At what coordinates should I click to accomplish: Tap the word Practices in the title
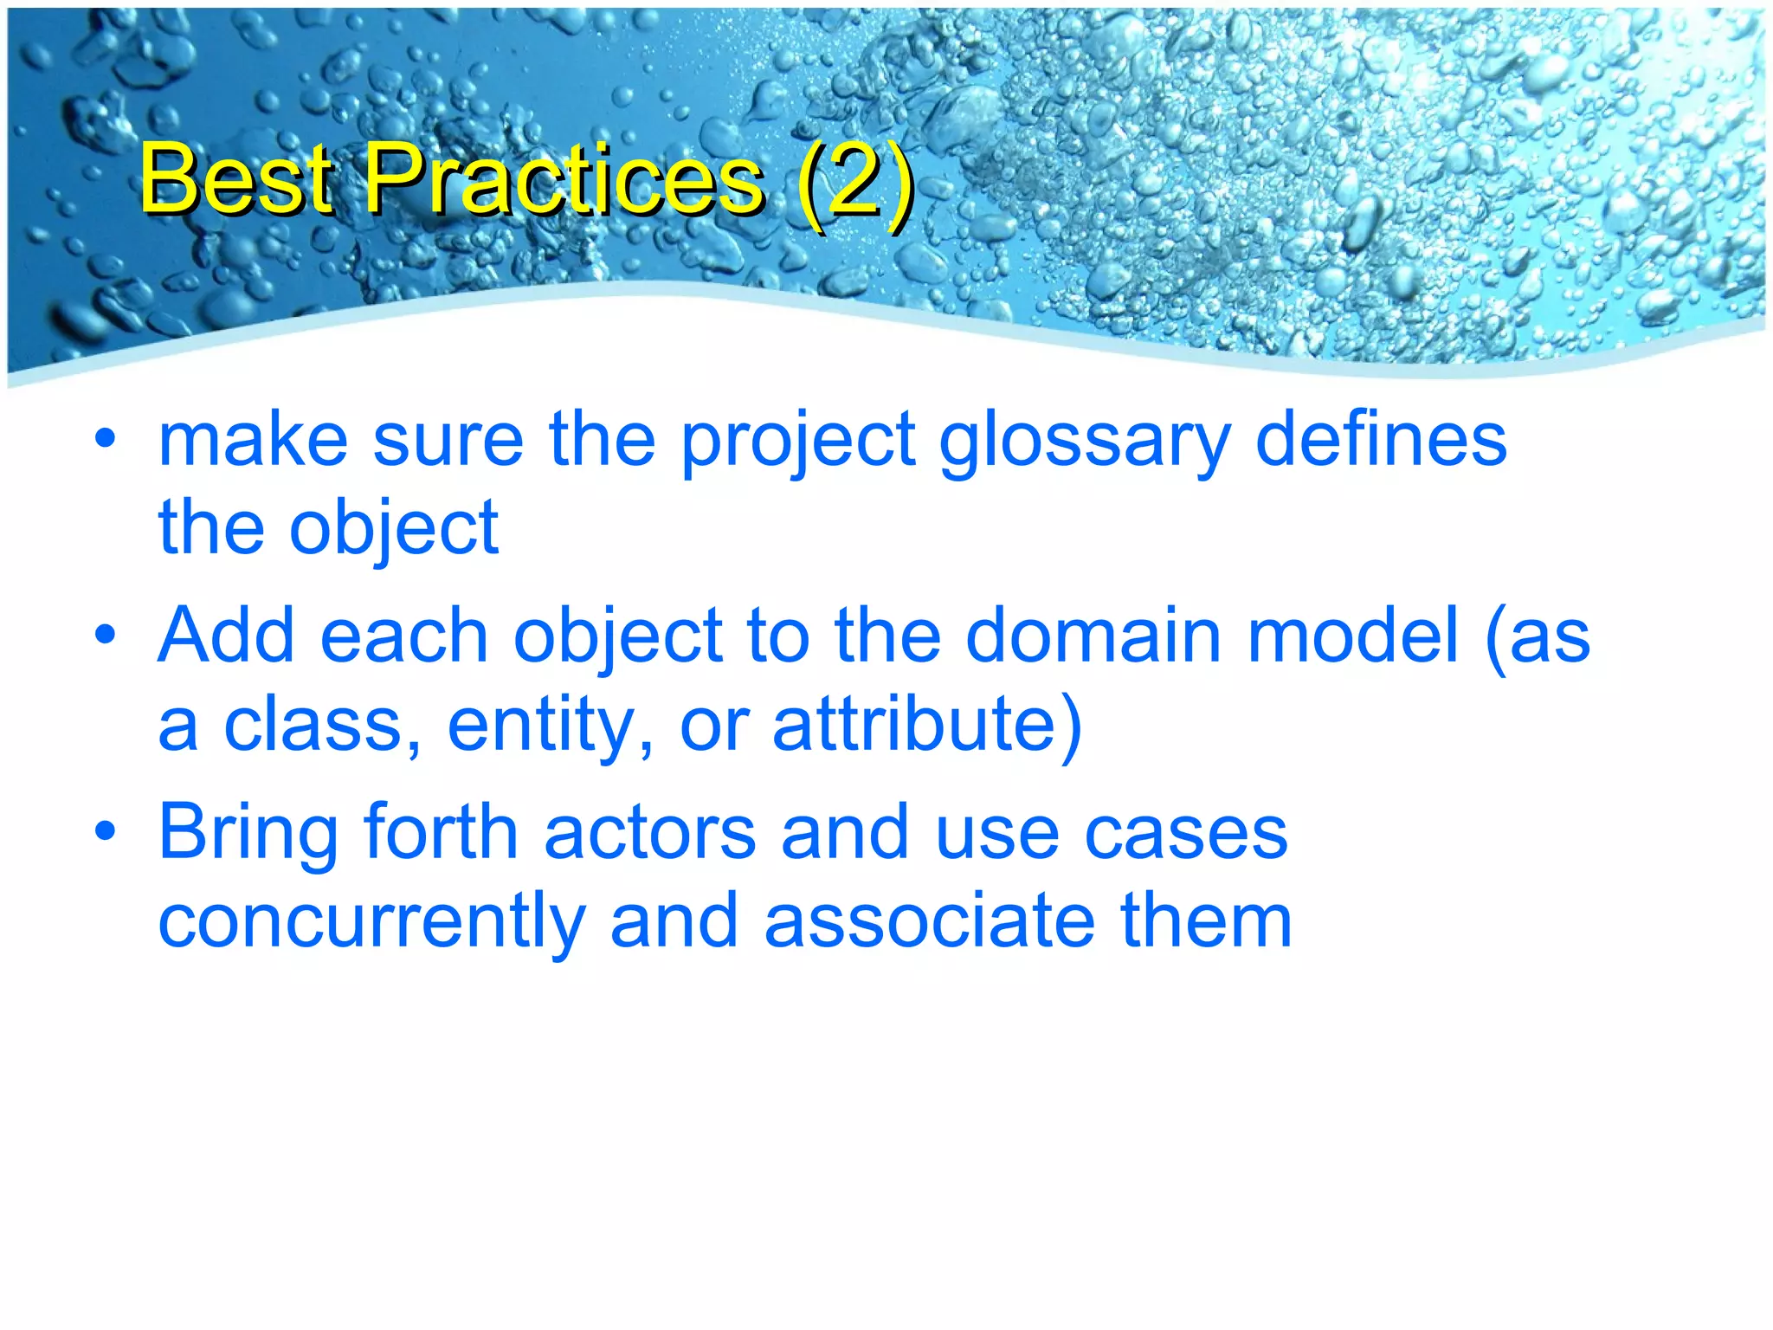(564, 179)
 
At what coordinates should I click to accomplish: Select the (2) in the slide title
(854, 179)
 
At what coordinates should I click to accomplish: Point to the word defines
(1381, 440)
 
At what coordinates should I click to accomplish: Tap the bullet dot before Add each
(106, 636)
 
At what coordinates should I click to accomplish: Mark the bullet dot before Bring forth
(106, 832)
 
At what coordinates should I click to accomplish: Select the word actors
(650, 832)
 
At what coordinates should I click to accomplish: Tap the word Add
(227, 636)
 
